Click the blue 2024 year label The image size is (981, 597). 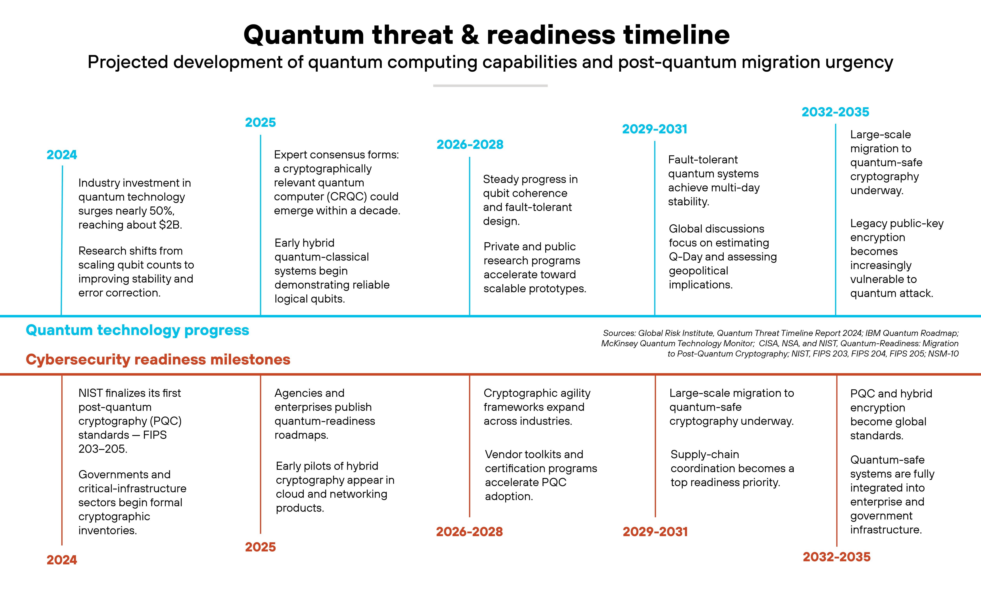click(62, 155)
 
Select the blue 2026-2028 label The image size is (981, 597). click(470, 145)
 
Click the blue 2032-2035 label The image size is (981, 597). click(835, 112)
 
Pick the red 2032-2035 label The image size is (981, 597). click(836, 557)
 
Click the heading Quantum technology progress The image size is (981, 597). click(137, 330)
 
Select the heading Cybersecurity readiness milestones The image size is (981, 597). click(158, 359)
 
